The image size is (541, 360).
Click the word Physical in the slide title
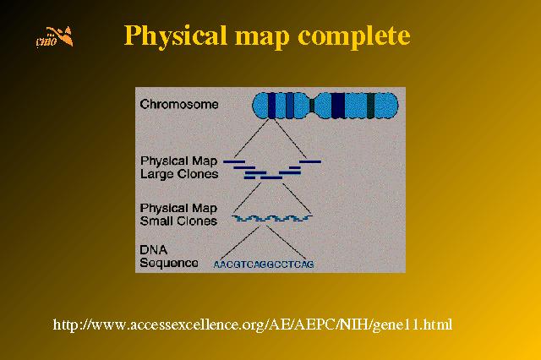click(175, 35)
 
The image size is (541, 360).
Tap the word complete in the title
click(354, 35)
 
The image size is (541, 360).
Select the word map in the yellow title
click(262, 38)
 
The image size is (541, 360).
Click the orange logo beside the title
click(54, 36)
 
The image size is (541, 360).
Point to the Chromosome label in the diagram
click(179, 104)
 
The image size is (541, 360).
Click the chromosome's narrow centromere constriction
click(312, 106)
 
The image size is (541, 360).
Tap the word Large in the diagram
click(156, 174)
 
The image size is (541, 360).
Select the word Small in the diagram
click(155, 221)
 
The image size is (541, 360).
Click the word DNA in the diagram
click(154, 249)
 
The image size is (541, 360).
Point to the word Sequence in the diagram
click(169, 263)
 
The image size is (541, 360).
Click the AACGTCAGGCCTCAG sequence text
click(264, 265)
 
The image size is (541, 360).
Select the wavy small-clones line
click(272, 218)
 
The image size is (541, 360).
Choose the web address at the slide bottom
click(253, 325)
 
